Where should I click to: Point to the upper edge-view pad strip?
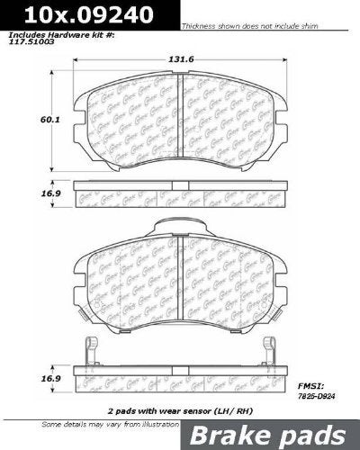pos(177,191)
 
